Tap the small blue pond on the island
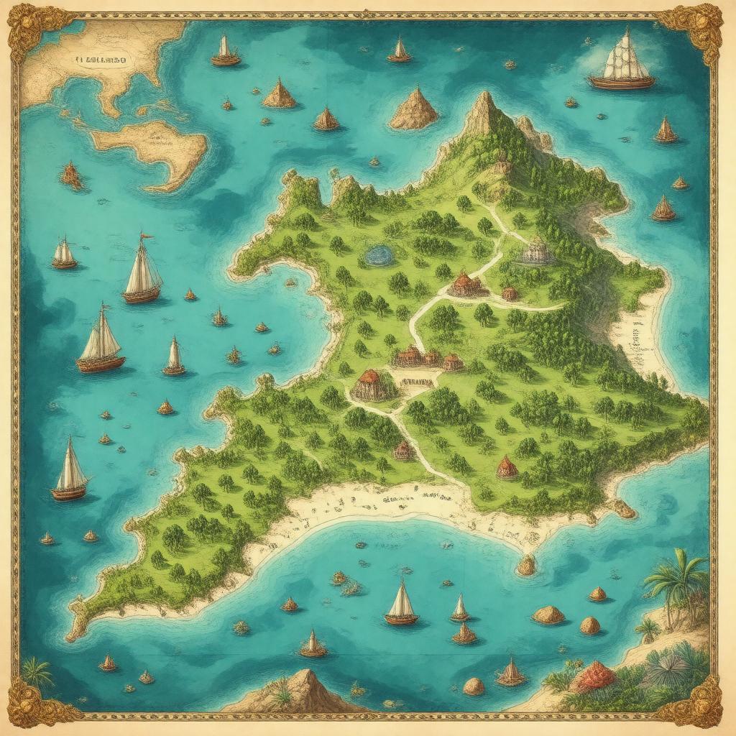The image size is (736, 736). (x=378, y=254)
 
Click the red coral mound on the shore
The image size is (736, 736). (x=594, y=676)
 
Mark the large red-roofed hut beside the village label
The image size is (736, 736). (x=374, y=385)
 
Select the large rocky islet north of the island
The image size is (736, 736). (x=414, y=110)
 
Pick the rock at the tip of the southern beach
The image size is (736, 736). (x=527, y=565)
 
